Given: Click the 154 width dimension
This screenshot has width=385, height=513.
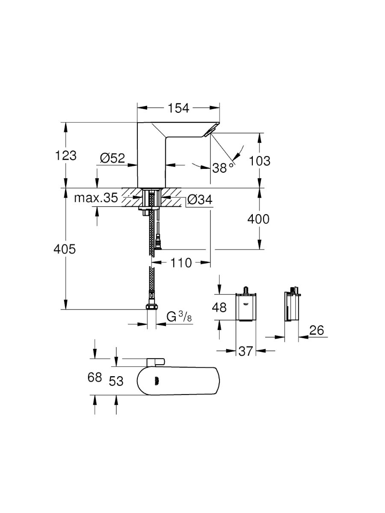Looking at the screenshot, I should click(178, 109).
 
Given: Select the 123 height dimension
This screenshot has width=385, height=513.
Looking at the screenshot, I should click(66, 156).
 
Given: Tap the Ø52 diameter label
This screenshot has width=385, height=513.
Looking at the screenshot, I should click(112, 159).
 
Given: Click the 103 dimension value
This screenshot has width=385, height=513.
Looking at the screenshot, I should click(259, 161).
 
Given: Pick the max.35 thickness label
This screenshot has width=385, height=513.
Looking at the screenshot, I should click(95, 198).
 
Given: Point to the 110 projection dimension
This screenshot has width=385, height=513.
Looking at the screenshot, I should click(181, 262).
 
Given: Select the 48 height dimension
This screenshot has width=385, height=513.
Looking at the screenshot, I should click(219, 307).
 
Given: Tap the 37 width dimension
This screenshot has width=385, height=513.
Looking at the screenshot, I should click(246, 351).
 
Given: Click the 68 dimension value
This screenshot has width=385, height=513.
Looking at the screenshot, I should click(95, 377).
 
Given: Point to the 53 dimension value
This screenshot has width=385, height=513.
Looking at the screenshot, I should click(116, 380).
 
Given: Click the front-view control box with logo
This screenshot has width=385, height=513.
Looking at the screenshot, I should click(246, 307).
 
